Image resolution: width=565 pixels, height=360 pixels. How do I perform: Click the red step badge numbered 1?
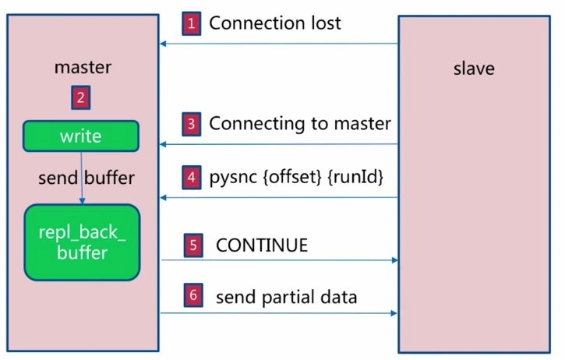click(x=192, y=24)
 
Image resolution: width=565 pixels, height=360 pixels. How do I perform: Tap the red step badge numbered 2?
click(x=81, y=97)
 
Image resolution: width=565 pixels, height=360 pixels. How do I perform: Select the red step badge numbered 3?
click(x=192, y=125)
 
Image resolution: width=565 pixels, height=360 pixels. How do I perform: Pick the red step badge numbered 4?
click(x=192, y=178)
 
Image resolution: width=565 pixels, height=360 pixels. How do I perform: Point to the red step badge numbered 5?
click(x=193, y=245)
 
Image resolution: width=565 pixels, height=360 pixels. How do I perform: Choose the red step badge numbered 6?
click(x=193, y=295)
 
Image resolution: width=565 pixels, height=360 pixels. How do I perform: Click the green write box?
click(x=81, y=136)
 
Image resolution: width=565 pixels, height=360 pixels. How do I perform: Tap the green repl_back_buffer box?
click(x=82, y=242)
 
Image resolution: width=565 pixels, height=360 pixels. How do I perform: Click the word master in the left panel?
click(x=83, y=67)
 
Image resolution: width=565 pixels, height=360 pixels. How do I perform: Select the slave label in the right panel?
click(x=474, y=69)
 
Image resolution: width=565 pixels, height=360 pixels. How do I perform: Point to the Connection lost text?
click(x=275, y=23)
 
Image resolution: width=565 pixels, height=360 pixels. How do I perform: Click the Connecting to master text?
click(x=300, y=124)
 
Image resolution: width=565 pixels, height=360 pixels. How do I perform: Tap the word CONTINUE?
click(x=262, y=245)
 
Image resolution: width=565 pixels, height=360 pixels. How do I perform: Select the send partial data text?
click(x=287, y=298)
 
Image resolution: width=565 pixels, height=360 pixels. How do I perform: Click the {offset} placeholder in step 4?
click(x=292, y=177)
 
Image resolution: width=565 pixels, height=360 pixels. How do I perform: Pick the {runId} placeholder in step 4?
click(x=355, y=177)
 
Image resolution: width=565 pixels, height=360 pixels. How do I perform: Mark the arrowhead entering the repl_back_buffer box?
click(x=82, y=201)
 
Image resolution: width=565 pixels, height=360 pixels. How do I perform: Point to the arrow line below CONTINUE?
click(x=280, y=260)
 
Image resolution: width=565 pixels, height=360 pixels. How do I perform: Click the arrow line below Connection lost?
click(x=279, y=44)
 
